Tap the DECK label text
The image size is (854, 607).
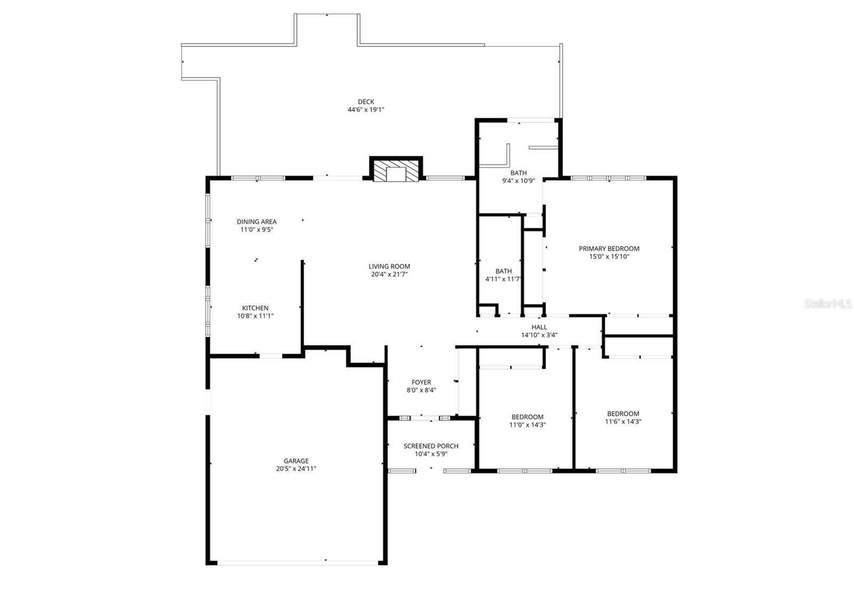[x=366, y=102]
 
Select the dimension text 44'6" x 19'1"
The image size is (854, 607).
[x=366, y=110]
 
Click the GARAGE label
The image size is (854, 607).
[x=296, y=461]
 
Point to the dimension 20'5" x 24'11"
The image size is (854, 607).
[x=296, y=469]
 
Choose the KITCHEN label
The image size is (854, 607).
[x=255, y=308]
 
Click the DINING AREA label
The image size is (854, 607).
[x=257, y=221]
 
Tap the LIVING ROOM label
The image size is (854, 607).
[x=389, y=266]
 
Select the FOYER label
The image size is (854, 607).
[x=421, y=382]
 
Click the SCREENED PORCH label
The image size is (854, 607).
[x=431, y=446]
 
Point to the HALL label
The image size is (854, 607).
[x=539, y=327]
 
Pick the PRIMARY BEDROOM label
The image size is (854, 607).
[x=609, y=248]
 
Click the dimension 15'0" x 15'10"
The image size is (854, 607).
[x=609, y=256]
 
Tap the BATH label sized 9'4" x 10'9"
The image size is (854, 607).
[x=518, y=173]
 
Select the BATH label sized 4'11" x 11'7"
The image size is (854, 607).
[x=503, y=271]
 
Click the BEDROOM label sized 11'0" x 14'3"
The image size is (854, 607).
[x=527, y=417]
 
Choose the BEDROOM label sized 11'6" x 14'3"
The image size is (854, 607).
[x=623, y=413]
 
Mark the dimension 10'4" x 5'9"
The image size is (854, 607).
[x=431, y=454]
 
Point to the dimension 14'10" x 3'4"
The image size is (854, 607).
[x=539, y=335]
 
